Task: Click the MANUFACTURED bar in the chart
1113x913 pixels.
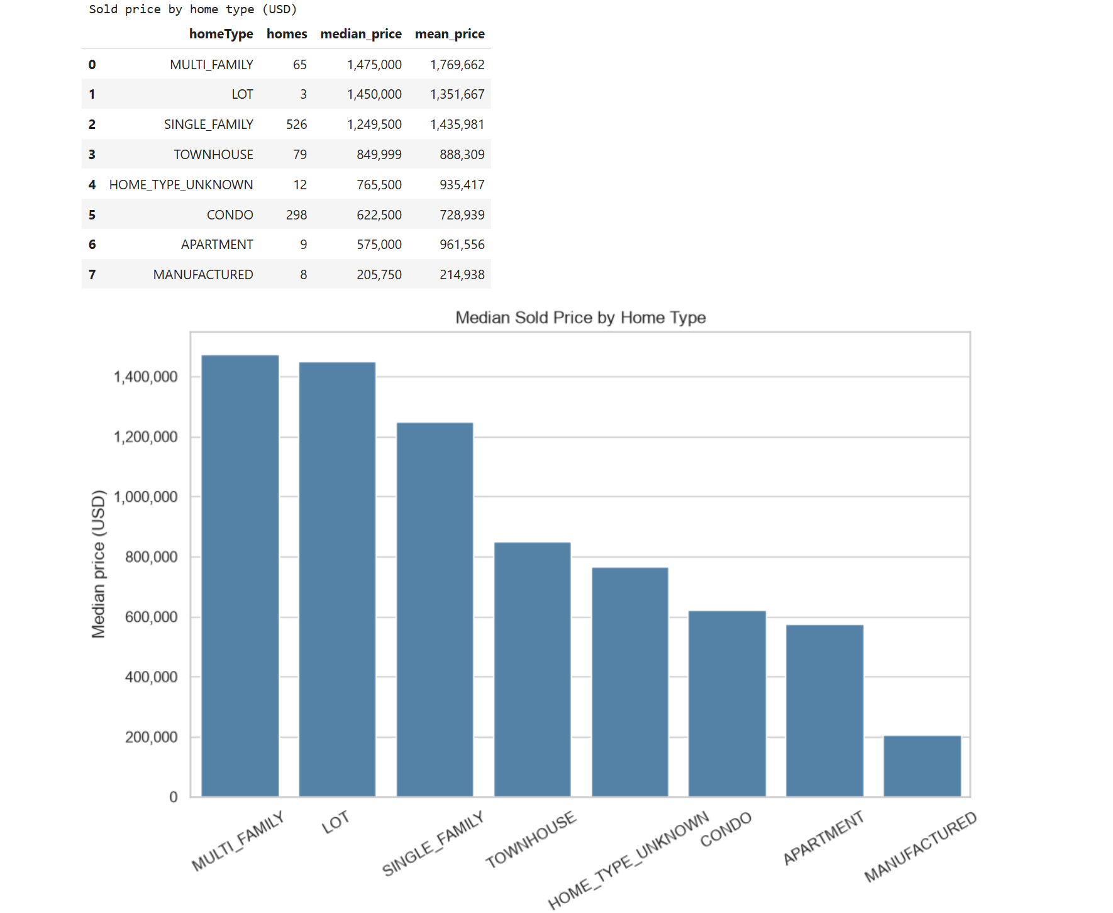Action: pyautogui.click(x=922, y=766)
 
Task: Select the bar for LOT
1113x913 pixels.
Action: pyautogui.click(x=337, y=579)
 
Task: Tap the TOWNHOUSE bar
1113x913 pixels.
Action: pyautogui.click(x=533, y=670)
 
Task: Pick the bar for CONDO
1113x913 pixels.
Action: pyautogui.click(x=727, y=704)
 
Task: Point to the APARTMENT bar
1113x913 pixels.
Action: pyautogui.click(x=824, y=711)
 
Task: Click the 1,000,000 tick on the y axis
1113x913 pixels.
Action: pyautogui.click(x=146, y=497)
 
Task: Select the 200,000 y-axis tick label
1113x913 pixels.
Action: pyautogui.click(x=151, y=737)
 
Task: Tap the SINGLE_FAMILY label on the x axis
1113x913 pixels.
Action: pyautogui.click(x=433, y=843)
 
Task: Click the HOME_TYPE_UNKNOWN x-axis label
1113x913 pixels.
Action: pyautogui.click(x=629, y=860)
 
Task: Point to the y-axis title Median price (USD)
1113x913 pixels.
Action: pyautogui.click(x=99, y=564)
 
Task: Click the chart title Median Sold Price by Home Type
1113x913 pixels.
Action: pyautogui.click(x=580, y=318)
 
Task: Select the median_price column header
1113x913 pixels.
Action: pyautogui.click(x=361, y=34)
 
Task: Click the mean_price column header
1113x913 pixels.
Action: pyautogui.click(x=450, y=34)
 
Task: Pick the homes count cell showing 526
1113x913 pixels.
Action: pyautogui.click(x=297, y=124)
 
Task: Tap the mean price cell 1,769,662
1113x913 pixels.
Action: pyautogui.click(x=457, y=65)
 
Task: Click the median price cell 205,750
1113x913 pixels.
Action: pyautogui.click(x=379, y=275)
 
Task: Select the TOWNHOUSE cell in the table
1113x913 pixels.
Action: pyautogui.click(x=214, y=155)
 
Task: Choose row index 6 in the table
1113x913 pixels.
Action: pyautogui.click(x=92, y=245)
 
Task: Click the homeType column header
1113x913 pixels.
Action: pyautogui.click(x=221, y=34)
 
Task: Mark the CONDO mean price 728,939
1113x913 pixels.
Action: pyautogui.click(x=462, y=215)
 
